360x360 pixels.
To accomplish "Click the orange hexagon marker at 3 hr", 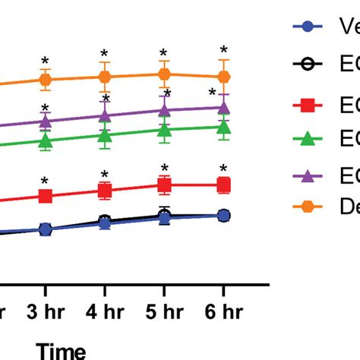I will pos(46,79).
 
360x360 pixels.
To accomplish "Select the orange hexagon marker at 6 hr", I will pos(223,77).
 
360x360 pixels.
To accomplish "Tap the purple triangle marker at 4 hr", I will pos(105,115).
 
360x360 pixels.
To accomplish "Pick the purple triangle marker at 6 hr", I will pos(223,108).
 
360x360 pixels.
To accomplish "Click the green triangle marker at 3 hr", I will pos(46,141).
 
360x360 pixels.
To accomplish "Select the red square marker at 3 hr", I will pos(46,197).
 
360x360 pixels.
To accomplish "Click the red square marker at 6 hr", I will pos(223,185).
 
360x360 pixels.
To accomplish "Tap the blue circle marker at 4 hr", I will pos(105,224).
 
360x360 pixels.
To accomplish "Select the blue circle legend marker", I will pos(307,27).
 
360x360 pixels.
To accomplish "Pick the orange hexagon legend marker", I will pos(307,205).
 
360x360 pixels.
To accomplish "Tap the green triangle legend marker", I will pos(307,139).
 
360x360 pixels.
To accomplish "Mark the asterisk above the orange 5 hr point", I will pos(164,53).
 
